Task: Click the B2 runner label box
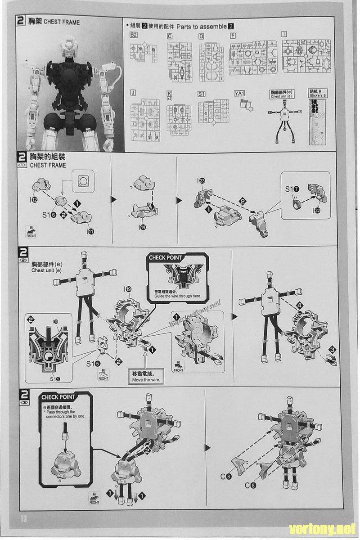pyautogui.click(x=134, y=35)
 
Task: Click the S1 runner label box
pyautogui.click(x=202, y=94)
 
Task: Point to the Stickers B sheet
pyautogui.click(x=318, y=120)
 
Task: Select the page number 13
pyautogui.click(x=23, y=518)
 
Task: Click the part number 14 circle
pyautogui.click(x=143, y=227)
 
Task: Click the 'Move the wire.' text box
pyautogui.click(x=146, y=377)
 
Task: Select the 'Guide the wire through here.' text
pyautogui.click(x=178, y=296)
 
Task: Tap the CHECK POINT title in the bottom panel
pyautogui.click(x=58, y=397)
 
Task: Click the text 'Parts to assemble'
pyautogui.click(x=202, y=27)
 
